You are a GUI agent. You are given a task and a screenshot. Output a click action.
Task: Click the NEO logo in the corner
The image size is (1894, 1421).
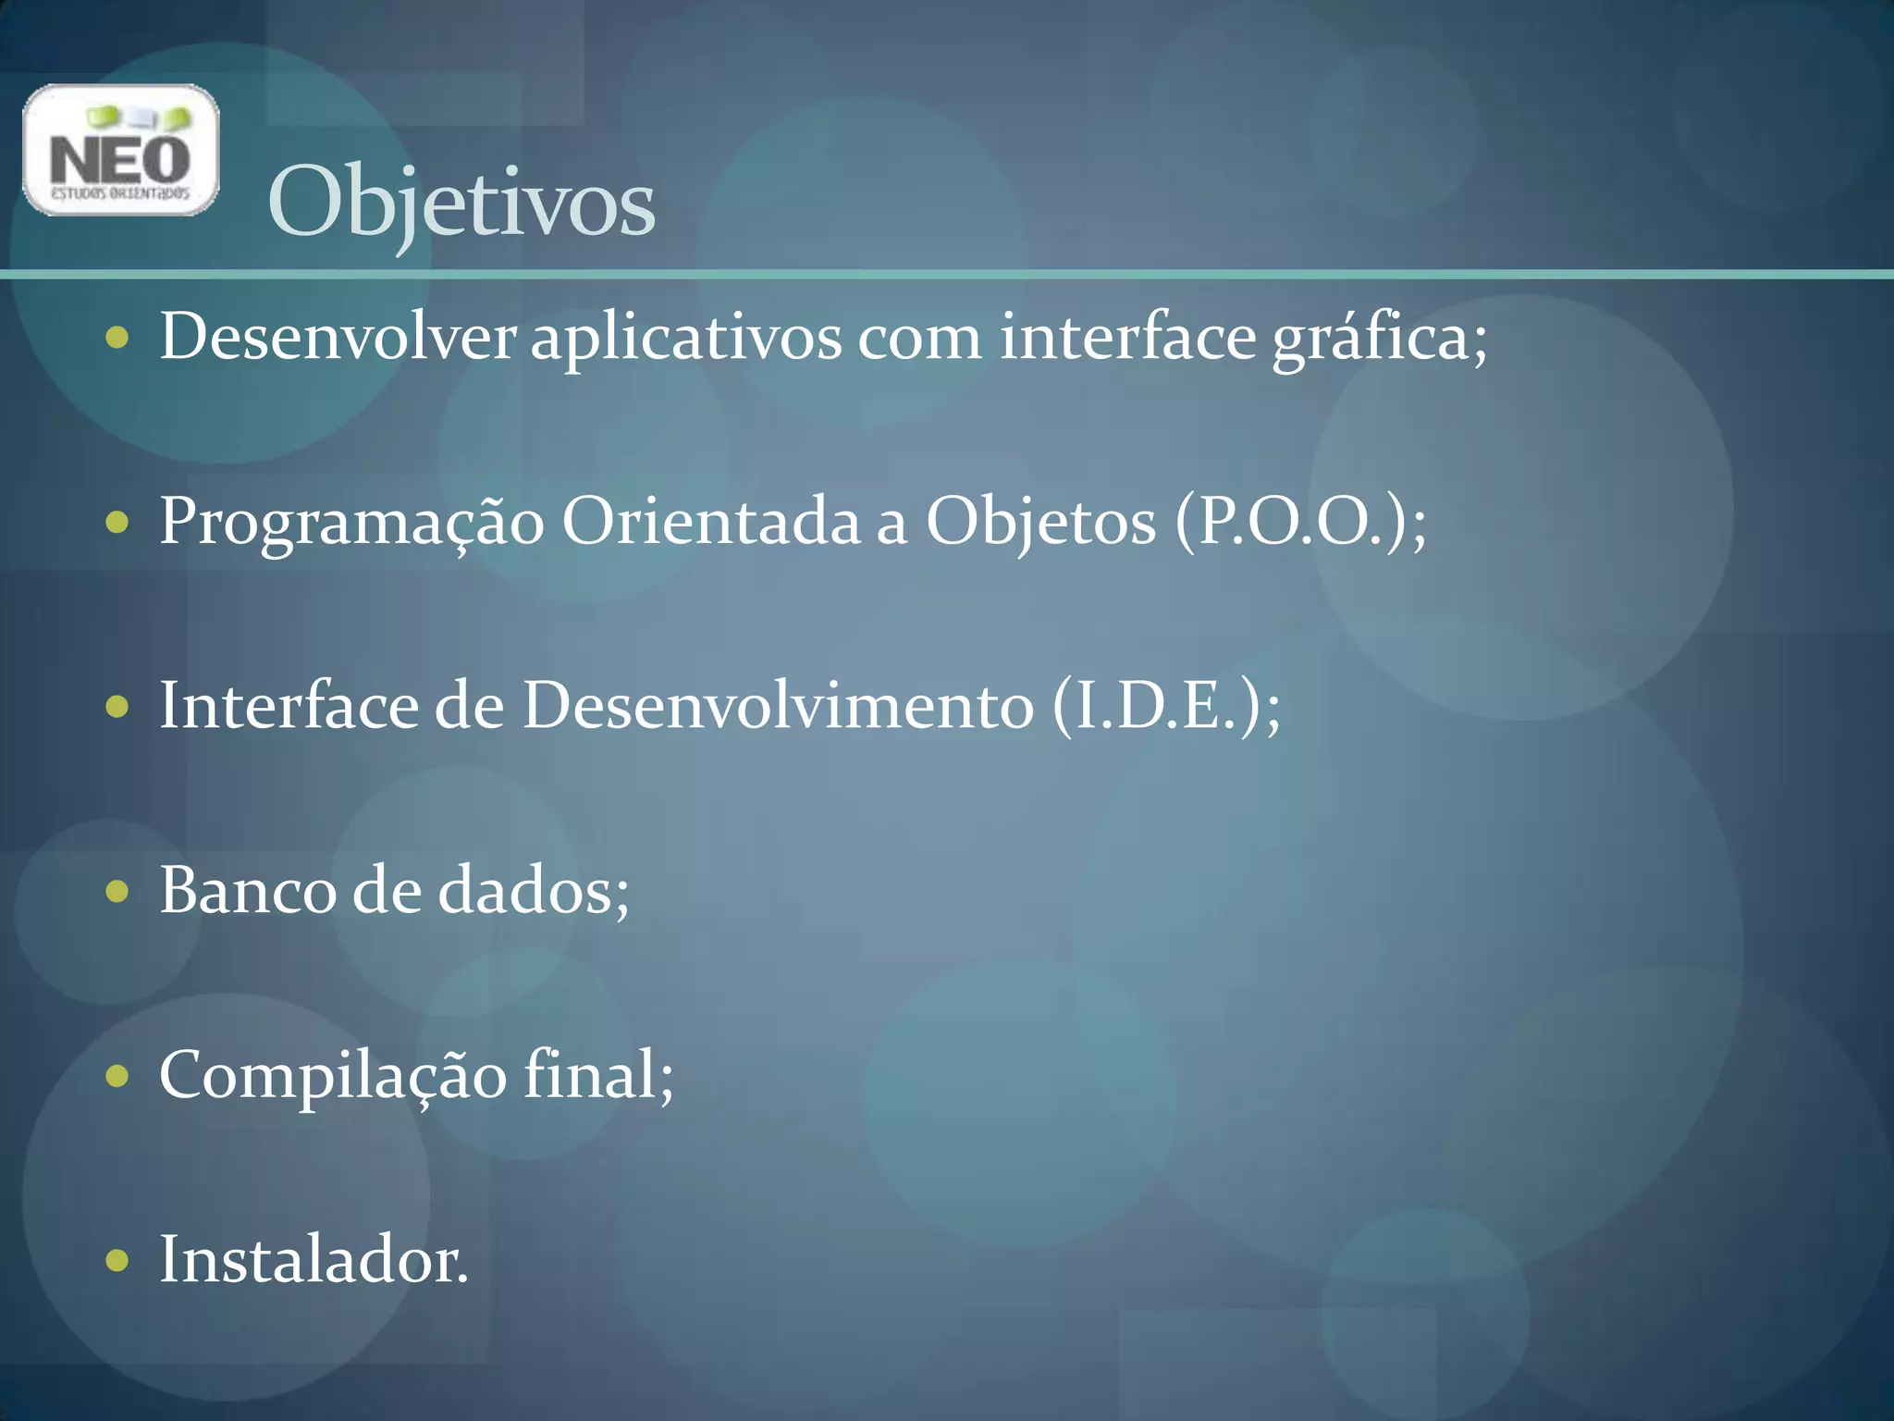click(x=121, y=150)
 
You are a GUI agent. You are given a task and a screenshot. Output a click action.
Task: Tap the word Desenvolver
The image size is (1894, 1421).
click(x=338, y=336)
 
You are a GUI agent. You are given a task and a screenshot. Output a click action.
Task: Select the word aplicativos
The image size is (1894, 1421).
click(x=685, y=338)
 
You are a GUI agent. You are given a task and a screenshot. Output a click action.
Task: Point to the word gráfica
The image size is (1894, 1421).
click(x=1378, y=338)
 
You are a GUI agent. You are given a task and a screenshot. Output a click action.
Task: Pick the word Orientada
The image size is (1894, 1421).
click(x=711, y=521)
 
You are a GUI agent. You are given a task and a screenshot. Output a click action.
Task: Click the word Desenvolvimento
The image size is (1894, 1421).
click(x=778, y=706)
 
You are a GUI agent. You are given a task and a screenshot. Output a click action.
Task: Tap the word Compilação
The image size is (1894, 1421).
click(x=333, y=1076)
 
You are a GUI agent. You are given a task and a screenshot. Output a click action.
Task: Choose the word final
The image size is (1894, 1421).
click(x=592, y=1074)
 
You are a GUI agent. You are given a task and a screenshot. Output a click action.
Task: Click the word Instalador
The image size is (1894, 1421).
click(x=313, y=1259)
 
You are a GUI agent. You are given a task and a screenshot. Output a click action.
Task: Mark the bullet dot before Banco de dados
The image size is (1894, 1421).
click(x=117, y=892)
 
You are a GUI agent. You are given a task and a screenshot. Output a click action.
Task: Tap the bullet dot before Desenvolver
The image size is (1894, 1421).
click(x=117, y=338)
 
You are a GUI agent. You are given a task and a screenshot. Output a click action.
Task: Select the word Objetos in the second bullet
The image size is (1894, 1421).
click(x=1040, y=523)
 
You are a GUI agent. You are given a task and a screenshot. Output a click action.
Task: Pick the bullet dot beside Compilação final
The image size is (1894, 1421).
click(x=117, y=1076)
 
